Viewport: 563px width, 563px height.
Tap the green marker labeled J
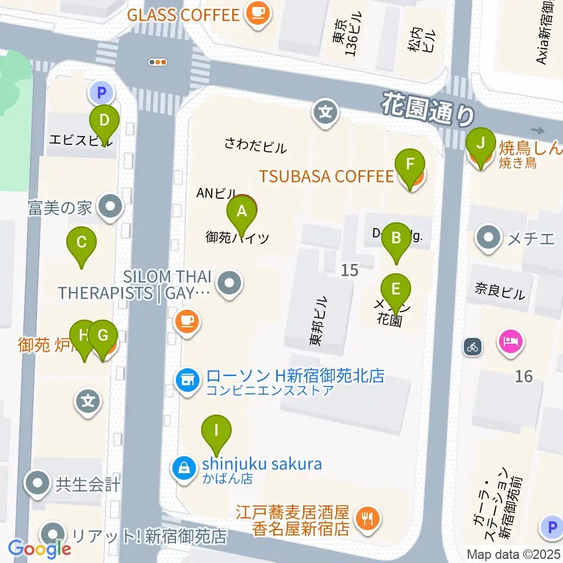(481, 144)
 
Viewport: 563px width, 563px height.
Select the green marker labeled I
(216, 431)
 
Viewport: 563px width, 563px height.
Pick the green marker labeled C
(82, 242)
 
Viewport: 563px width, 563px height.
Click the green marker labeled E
(396, 289)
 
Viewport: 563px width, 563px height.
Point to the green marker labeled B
(396, 239)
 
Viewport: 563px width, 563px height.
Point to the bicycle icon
(473, 347)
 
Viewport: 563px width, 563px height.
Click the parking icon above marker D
(101, 92)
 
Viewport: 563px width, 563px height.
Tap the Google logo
(39, 548)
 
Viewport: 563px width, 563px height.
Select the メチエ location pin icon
(489, 238)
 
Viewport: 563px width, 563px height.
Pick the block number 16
(523, 376)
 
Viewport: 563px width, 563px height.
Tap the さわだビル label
(256, 146)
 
